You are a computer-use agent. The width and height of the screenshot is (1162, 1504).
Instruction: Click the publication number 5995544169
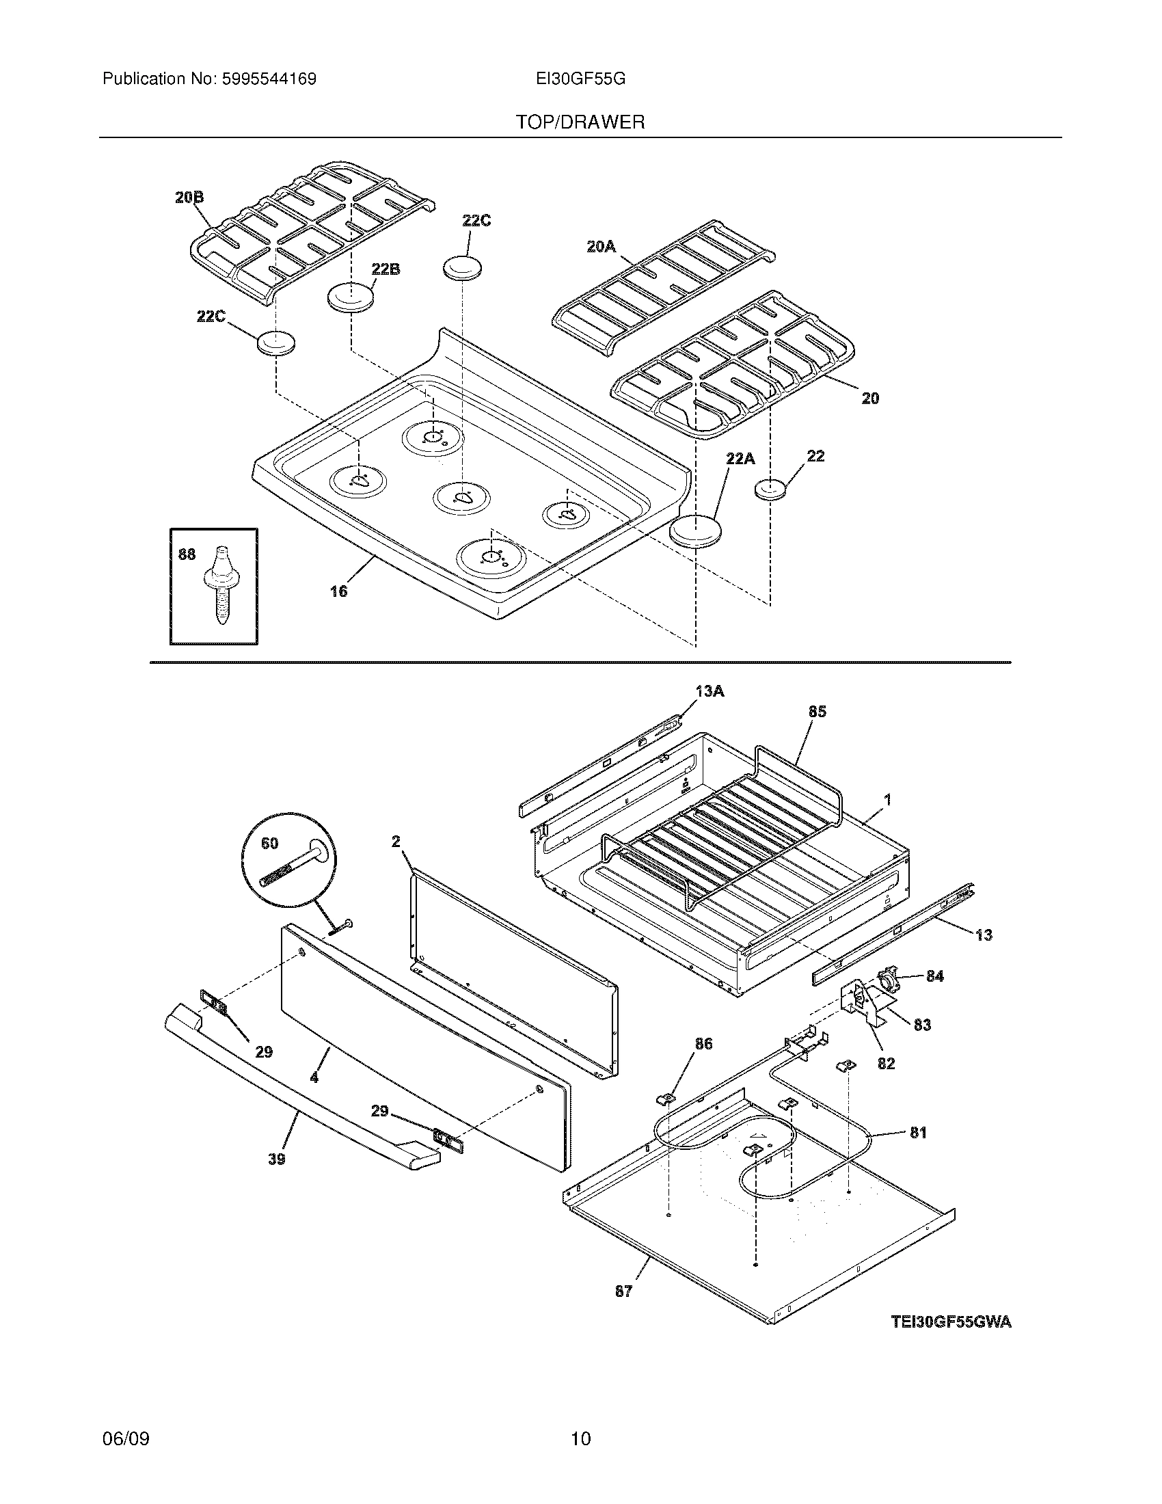click(269, 79)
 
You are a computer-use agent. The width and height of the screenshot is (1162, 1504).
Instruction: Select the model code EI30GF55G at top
click(580, 79)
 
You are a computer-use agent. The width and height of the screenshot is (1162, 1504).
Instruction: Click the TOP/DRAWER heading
click(580, 122)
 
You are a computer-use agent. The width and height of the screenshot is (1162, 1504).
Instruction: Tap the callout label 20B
click(189, 198)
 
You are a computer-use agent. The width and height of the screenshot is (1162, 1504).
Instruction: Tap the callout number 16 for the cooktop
click(338, 591)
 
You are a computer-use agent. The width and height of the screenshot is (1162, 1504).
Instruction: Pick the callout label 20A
click(600, 247)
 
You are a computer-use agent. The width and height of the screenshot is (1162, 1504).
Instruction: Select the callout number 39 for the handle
click(277, 1159)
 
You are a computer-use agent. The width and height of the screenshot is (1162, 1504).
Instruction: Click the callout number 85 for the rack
click(817, 712)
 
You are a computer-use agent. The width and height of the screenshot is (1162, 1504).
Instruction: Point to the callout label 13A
click(710, 690)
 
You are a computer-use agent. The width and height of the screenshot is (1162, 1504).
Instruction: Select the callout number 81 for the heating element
click(918, 1132)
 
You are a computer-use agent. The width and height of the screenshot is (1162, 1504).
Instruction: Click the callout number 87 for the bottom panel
click(623, 1292)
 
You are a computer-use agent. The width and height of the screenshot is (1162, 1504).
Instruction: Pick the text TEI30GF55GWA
click(951, 1321)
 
